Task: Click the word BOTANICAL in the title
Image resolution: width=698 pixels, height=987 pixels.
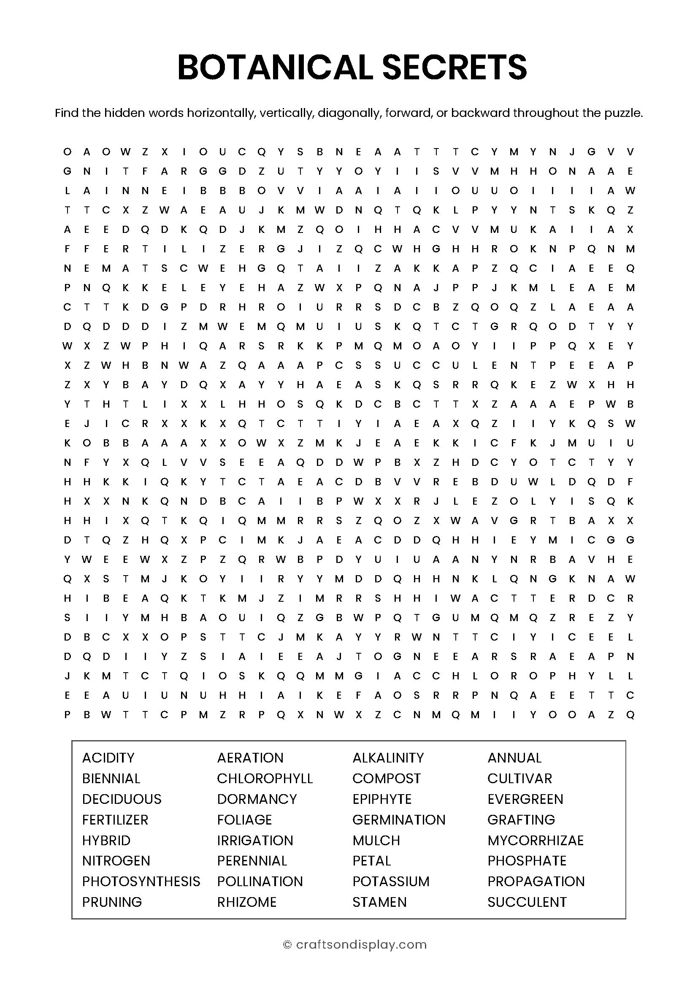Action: (275, 68)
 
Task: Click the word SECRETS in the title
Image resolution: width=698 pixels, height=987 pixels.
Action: (455, 68)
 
